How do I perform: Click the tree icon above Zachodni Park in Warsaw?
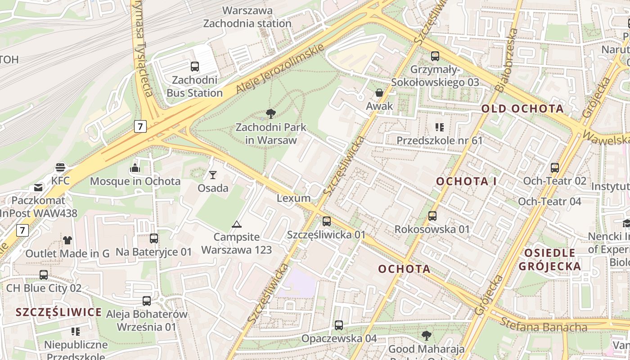270,113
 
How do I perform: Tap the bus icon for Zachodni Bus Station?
195,67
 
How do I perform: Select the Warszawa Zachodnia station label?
247,17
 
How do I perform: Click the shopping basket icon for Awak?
379,93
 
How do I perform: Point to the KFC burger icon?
60,167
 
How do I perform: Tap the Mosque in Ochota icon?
135,168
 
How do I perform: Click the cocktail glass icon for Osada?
213,175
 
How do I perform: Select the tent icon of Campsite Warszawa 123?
237,224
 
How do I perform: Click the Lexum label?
293,198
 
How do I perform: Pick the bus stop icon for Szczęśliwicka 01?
327,221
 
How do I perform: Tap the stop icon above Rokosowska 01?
432,216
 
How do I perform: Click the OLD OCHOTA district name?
522,108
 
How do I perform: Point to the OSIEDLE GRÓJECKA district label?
549,260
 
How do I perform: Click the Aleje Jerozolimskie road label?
280,69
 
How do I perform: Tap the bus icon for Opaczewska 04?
339,325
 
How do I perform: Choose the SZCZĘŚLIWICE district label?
59,312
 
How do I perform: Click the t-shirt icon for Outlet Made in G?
67,240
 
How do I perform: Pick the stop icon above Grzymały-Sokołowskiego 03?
435,56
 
